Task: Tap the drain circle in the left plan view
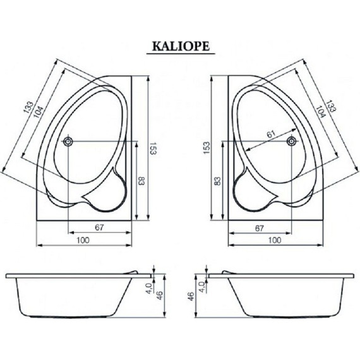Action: pyautogui.click(x=68, y=141)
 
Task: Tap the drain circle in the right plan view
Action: pyautogui.click(x=291, y=141)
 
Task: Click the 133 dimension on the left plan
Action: pyautogui.click(x=28, y=108)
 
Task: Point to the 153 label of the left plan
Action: pyautogui.click(x=152, y=149)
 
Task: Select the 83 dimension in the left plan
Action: pyautogui.click(x=141, y=181)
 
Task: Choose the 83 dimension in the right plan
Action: pyautogui.click(x=218, y=181)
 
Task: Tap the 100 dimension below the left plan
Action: pyautogui.click(x=82, y=240)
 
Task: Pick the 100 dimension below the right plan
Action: pyautogui.click(x=275, y=240)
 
